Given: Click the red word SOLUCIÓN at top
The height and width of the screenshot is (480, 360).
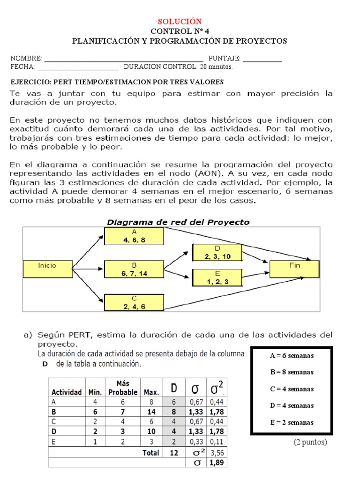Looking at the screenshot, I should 180,22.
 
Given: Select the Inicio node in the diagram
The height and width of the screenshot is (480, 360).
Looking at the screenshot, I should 47,269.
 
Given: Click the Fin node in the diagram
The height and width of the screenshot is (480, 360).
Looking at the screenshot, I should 295,268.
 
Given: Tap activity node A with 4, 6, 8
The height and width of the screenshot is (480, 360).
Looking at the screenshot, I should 134,236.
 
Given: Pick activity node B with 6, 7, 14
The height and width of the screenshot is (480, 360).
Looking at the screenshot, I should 134,269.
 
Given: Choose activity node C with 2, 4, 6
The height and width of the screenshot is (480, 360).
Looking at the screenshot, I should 134,302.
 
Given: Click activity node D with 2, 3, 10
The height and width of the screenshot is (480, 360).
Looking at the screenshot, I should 217,253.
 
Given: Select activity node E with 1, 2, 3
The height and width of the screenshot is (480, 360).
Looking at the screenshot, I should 217,277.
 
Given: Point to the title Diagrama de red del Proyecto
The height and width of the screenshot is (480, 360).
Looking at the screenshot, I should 179,222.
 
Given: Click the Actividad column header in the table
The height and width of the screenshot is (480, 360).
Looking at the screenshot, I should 67,392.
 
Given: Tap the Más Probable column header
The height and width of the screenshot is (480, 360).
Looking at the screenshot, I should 123,388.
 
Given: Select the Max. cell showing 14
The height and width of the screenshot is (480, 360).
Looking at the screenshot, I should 151,412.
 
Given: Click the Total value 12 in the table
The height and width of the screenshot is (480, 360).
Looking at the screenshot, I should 174,453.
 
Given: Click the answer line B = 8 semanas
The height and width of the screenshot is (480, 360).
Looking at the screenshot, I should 292,372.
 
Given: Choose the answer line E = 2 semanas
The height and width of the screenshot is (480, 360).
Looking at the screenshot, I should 292,422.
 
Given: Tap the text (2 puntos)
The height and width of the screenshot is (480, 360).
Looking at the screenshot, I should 310,442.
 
